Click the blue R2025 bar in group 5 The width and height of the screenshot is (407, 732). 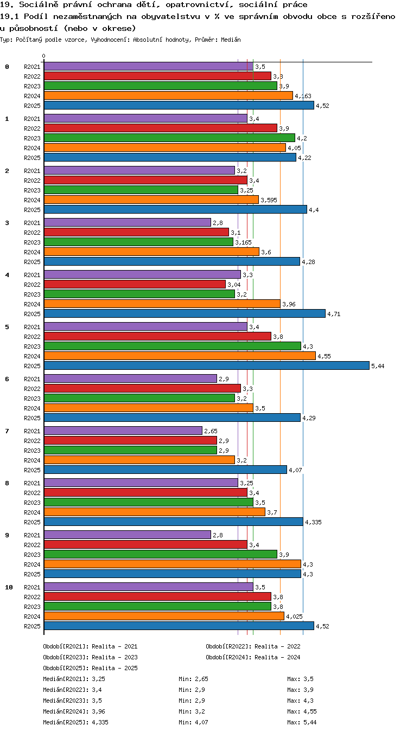point(206,365)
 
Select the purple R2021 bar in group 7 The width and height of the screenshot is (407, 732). point(123,431)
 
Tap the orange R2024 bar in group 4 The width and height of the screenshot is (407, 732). point(162,304)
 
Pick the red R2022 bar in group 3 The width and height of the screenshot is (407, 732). point(136,233)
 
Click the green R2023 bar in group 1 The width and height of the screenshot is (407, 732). point(169,138)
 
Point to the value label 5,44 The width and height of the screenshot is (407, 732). point(378,366)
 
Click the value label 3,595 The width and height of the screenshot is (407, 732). point(269,200)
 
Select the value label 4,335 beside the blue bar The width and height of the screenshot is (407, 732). point(313,522)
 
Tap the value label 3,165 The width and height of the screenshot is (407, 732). point(244,242)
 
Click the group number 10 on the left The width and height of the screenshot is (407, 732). point(9,587)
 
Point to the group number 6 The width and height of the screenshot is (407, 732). point(7,379)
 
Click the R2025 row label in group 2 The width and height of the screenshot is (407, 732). point(32,210)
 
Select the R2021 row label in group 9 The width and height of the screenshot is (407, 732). point(32,535)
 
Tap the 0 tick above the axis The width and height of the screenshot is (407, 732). point(43,56)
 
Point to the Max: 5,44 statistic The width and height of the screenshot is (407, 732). point(302,722)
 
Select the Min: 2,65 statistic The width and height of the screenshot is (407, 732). point(193,679)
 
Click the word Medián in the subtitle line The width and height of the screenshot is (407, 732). point(231,40)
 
